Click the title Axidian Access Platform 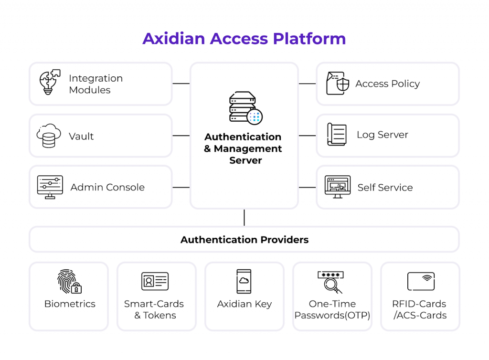[244, 38]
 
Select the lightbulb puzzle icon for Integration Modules [49, 83]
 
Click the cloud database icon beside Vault [49, 136]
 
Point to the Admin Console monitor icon [50, 187]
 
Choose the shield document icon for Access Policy [338, 84]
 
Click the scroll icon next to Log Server [337, 134]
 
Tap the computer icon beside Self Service [338, 187]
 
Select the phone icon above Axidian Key [244, 281]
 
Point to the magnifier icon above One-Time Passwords [330, 282]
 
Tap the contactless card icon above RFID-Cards [421, 281]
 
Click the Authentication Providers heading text [244, 240]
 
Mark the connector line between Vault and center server [181, 136]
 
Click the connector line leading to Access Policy [308, 84]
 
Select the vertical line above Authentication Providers [244, 217]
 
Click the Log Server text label [382, 135]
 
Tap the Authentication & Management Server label [243, 148]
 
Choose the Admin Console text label [107, 187]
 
